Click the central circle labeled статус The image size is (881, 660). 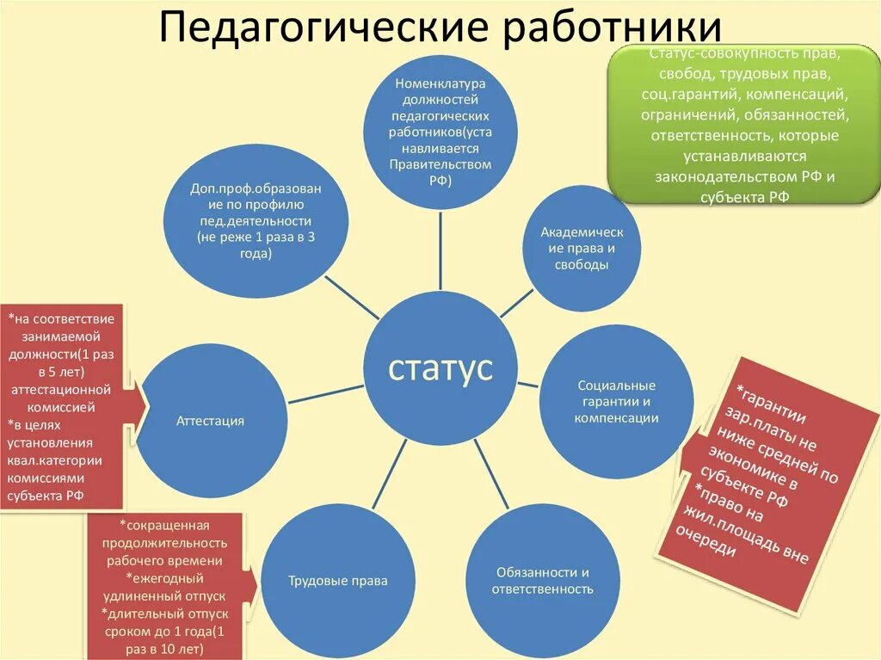click(x=440, y=368)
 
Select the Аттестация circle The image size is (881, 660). click(x=211, y=421)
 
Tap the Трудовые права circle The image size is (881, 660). click(x=325, y=581)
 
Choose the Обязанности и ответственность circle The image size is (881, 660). click(x=542, y=581)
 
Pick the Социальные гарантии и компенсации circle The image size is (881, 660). click(x=616, y=401)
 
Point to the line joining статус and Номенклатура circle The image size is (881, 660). click(x=440, y=250)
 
